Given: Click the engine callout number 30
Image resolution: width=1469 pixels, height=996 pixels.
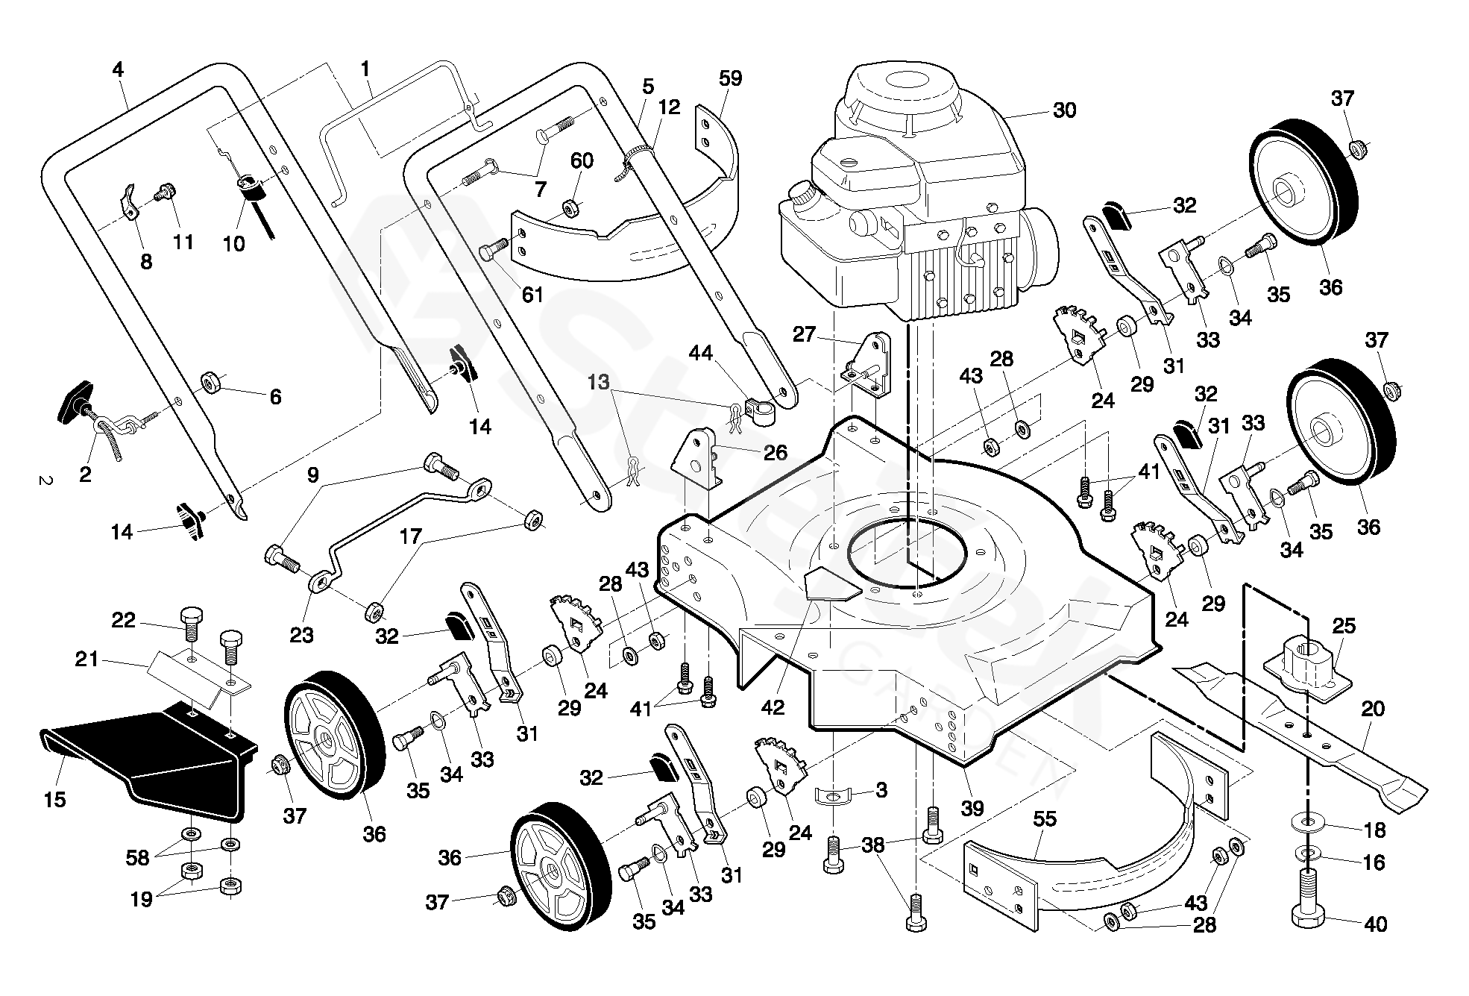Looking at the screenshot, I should (1064, 110).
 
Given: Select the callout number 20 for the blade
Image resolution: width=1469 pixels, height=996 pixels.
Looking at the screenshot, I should (1372, 709).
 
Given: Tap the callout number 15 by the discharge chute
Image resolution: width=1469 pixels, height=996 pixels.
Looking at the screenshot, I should (55, 800).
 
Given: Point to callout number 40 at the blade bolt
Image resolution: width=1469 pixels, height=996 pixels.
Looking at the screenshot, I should (1375, 924).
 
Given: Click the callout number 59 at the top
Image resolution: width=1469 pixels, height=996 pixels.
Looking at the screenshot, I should (731, 78).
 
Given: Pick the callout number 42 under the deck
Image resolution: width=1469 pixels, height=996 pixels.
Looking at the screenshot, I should (773, 707).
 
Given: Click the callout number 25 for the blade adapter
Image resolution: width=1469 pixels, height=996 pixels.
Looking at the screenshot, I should (1343, 625).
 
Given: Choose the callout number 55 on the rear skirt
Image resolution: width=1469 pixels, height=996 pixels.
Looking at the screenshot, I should (1045, 819).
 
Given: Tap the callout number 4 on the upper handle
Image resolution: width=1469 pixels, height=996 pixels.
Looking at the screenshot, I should (118, 70).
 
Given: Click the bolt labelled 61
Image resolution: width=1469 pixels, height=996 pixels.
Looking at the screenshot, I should (492, 251).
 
